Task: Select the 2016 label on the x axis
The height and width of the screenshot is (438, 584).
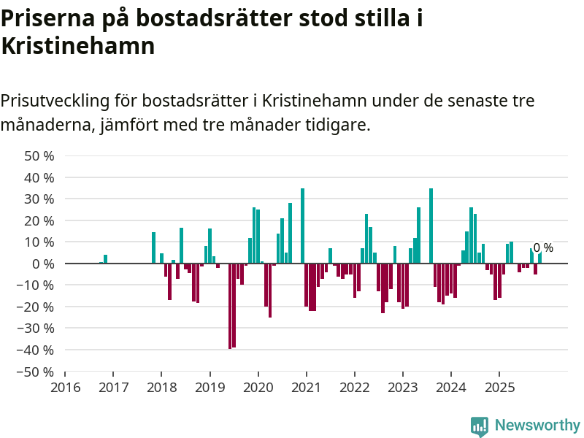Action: (x=65, y=386)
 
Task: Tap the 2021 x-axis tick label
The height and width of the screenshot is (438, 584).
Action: (x=306, y=386)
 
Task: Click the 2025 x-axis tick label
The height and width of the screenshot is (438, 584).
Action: (x=499, y=386)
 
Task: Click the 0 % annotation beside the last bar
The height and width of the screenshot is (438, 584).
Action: (x=543, y=248)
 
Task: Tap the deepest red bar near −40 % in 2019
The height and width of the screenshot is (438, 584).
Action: (x=230, y=306)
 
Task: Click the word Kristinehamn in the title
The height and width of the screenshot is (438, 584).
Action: (x=77, y=46)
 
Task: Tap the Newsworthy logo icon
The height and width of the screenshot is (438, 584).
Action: (x=479, y=426)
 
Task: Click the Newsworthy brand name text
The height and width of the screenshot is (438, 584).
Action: (x=537, y=425)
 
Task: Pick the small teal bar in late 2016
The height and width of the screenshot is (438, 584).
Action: (x=105, y=258)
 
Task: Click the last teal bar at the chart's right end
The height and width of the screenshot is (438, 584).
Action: (x=539, y=258)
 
